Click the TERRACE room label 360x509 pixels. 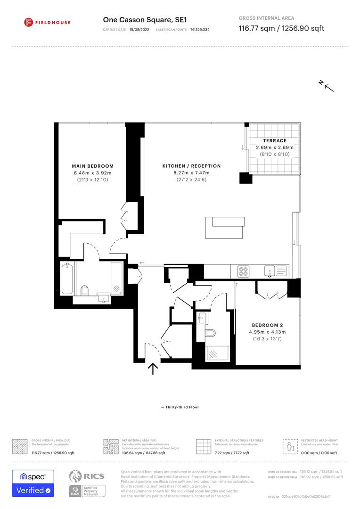275,140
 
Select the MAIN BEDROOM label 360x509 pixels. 92,166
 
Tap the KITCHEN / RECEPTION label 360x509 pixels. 191,166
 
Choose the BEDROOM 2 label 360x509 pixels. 267,325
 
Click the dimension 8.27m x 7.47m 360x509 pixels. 191,173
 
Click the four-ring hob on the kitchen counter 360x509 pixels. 244,271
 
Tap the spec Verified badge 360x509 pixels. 33,483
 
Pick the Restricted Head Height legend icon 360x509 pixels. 289,445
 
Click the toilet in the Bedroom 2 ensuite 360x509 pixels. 211,334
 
